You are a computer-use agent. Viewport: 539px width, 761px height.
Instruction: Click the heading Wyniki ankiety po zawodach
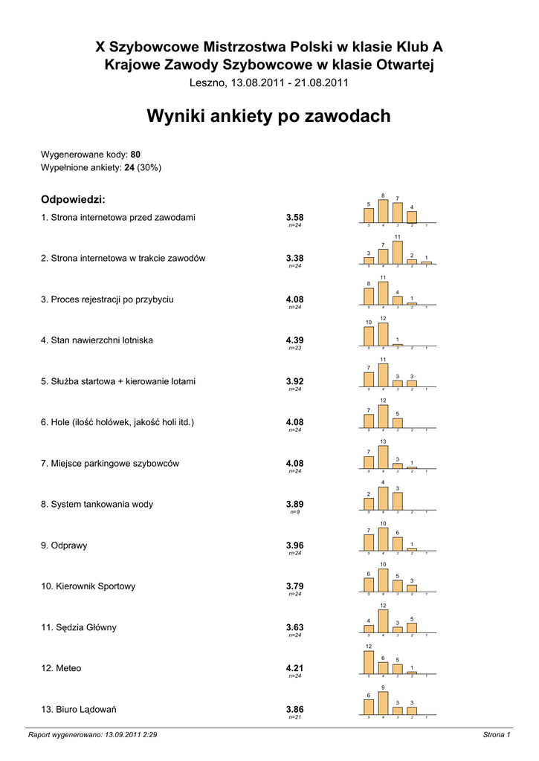coord(268,117)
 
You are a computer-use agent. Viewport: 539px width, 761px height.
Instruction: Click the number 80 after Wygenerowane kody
coord(135,155)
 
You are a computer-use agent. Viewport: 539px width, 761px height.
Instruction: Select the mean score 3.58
coord(294,217)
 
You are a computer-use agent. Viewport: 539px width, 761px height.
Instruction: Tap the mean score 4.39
coord(294,340)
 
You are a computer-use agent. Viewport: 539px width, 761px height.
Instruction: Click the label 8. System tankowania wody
coord(97,504)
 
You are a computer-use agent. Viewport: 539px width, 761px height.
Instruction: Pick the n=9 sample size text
coord(294,513)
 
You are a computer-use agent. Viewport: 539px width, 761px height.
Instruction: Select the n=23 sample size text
coord(294,349)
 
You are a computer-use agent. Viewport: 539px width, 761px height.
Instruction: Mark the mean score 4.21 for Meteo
coord(294,668)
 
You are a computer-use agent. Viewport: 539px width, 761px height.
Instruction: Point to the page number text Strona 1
coord(497,735)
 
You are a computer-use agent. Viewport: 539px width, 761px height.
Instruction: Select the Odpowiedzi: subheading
coord(73,199)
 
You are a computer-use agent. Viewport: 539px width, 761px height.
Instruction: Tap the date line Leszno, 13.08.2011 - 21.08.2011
coord(268,82)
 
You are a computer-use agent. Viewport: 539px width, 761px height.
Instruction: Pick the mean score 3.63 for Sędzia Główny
coord(294,627)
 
